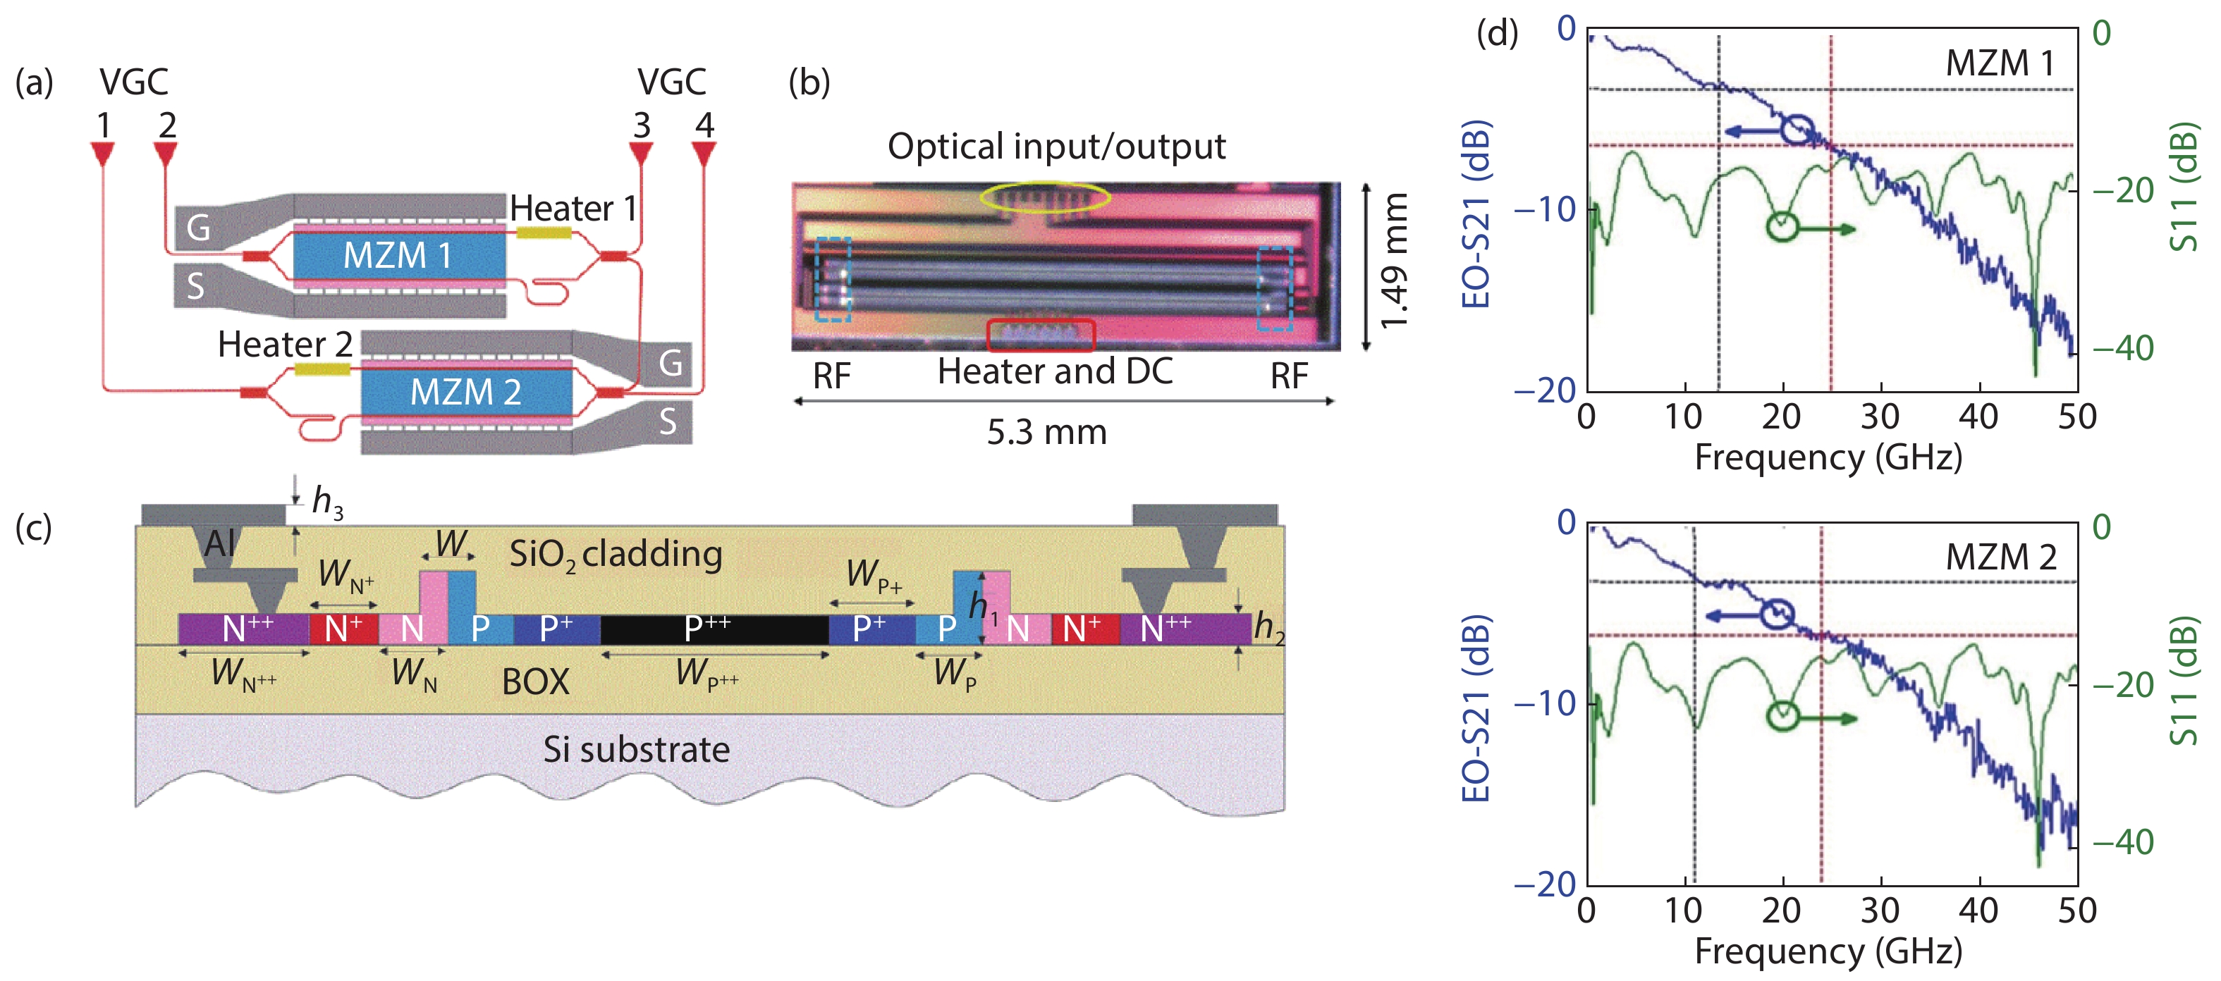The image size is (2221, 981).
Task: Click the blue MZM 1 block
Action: tap(399, 255)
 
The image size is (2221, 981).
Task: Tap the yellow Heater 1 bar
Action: tap(543, 233)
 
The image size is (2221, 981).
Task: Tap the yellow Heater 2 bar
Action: tap(322, 369)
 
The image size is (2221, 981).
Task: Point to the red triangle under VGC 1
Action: tap(103, 155)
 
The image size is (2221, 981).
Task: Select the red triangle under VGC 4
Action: tap(704, 155)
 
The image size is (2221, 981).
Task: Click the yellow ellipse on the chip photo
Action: tap(1044, 197)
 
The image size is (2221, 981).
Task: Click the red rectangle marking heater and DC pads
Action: tap(1041, 335)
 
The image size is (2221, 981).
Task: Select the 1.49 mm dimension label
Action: tap(1394, 261)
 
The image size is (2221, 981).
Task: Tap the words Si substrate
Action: tap(636, 749)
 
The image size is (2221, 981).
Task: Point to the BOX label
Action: tap(535, 682)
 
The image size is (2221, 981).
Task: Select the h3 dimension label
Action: tap(326, 500)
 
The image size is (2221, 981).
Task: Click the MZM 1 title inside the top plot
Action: tap(2000, 63)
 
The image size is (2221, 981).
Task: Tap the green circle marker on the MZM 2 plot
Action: tap(1782, 716)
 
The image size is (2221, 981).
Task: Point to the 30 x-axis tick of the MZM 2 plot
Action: tap(1880, 911)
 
